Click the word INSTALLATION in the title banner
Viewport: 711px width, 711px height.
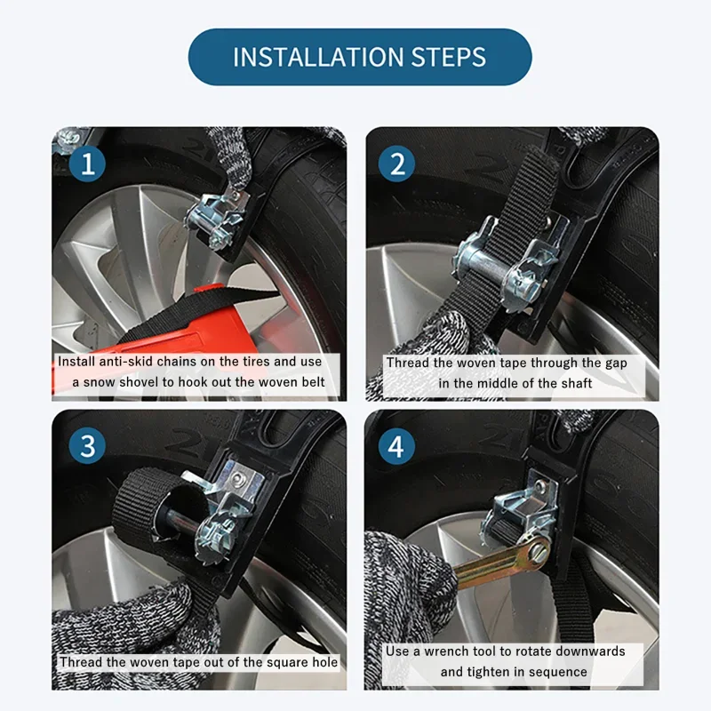318,57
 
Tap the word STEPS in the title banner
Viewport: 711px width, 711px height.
449,57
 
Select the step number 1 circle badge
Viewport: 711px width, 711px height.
87,164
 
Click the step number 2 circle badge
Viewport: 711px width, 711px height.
396,164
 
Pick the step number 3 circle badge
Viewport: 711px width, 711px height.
87,445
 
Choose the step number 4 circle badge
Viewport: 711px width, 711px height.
396,446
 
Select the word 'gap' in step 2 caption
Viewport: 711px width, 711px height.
617,363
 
